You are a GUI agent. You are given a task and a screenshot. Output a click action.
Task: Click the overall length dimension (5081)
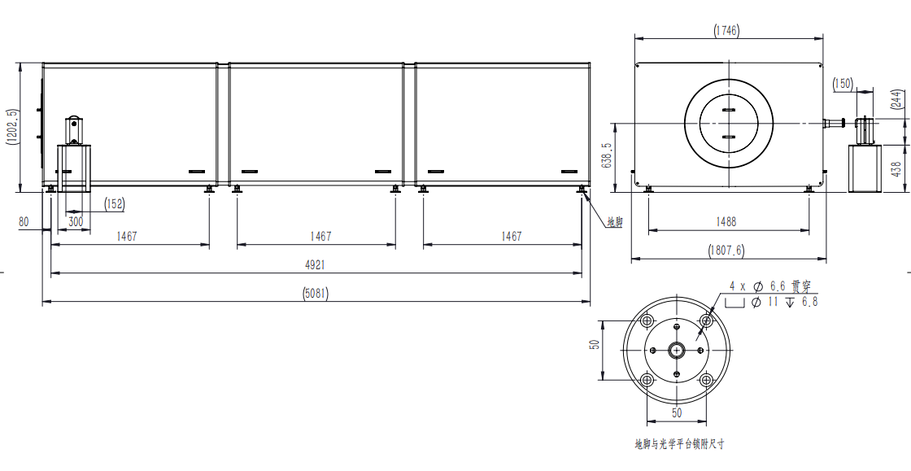316,294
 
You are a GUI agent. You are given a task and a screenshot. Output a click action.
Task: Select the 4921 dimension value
316,265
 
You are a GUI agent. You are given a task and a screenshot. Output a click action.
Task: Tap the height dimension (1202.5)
12,127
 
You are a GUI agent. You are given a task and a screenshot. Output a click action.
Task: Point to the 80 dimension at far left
24,221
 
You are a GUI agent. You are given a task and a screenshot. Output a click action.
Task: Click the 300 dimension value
76,221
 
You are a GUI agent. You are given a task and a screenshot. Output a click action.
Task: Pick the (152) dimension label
114,204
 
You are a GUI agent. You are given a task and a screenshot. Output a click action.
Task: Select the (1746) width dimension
727,30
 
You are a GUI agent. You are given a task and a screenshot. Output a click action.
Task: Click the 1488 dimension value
726,221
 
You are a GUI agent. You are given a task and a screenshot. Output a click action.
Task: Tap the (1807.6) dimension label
726,251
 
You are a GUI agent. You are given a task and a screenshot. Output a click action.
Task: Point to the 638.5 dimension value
607,156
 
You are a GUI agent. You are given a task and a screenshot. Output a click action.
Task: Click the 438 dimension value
896,168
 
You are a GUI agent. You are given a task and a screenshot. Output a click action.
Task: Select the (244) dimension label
898,99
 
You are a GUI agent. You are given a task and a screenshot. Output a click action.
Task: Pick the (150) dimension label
843,84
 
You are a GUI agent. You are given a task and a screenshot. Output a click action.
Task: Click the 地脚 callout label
615,222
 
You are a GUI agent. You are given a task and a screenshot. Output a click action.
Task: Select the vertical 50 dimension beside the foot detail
594,344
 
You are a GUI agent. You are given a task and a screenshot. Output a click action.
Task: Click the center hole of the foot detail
676,350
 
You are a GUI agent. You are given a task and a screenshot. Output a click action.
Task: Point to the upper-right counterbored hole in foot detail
706,321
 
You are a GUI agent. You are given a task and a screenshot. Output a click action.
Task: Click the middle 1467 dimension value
320,237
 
